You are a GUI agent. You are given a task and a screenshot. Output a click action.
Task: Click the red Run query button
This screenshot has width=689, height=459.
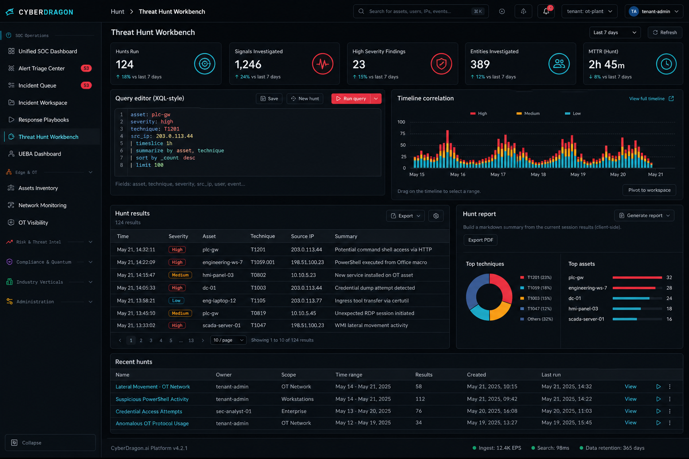[351, 99]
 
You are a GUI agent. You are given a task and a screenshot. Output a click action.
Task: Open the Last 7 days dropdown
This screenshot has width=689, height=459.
[615, 33]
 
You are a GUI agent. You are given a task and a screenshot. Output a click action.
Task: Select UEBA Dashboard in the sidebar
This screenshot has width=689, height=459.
[39, 154]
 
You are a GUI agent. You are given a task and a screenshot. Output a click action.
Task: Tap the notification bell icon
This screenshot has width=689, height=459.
[546, 11]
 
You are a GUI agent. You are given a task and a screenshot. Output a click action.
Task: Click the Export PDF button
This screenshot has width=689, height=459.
[480, 240]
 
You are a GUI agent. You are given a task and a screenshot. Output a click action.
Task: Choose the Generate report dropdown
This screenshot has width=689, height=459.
[644, 216]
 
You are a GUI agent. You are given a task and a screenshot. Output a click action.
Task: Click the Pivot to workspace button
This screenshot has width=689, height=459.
[650, 190]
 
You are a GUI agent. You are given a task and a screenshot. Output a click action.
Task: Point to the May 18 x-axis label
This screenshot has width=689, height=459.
[538, 174]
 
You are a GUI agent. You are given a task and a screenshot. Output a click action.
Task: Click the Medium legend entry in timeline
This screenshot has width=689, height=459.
[528, 113]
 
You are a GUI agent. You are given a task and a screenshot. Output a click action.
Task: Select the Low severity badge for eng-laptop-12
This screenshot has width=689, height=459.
[176, 300]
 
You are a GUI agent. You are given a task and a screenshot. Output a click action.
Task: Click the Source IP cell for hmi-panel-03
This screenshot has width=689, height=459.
[303, 275]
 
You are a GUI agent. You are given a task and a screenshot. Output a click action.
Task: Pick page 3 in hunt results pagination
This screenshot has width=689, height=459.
[151, 340]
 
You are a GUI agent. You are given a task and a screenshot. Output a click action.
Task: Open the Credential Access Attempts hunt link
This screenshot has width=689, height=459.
[149, 411]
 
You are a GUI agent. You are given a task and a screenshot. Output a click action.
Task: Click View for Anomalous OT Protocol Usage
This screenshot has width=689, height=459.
[631, 423]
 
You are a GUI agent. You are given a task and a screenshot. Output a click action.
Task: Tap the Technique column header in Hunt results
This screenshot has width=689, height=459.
[263, 236]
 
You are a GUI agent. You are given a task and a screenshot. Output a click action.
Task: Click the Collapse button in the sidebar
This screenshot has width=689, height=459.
[50, 443]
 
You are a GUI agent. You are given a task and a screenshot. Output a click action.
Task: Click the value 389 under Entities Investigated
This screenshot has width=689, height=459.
[480, 64]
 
